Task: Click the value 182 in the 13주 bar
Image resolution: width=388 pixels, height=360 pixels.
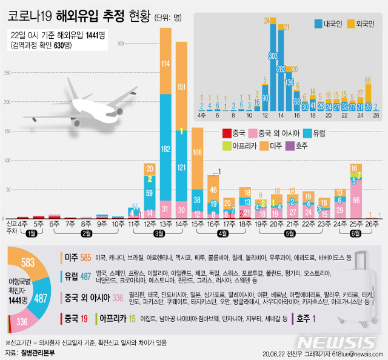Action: pos(166,149)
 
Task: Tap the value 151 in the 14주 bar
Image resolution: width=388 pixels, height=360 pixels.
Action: pos(181,86)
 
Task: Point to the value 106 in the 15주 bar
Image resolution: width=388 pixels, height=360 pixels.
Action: pos(197,152)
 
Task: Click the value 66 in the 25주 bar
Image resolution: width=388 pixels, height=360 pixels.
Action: pos(357,199)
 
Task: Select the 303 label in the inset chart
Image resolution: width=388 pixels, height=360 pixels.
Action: pos(273,55)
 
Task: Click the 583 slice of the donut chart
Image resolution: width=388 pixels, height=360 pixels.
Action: pos(27,264)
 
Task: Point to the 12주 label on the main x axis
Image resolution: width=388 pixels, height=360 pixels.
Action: pos(149,224)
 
